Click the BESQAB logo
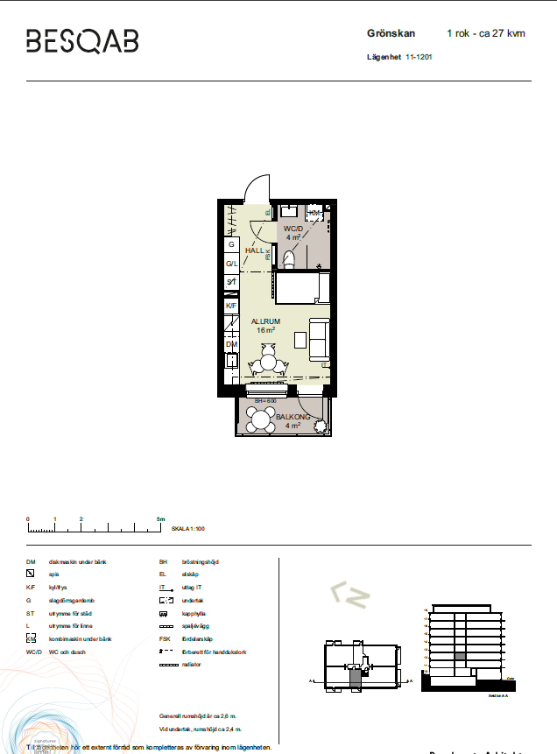(82, 41)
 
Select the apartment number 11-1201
(420, 57)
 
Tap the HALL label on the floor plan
(254, 250)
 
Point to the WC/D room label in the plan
(293, 229)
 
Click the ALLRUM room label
(265, 321)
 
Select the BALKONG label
(289, 418)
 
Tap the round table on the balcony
(260, 420)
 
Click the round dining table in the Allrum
(270, 362)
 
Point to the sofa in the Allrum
(318, 339)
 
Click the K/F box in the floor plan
(231, 306)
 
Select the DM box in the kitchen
(231, 345)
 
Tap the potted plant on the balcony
(321, 426)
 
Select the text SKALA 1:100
(187, 529)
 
